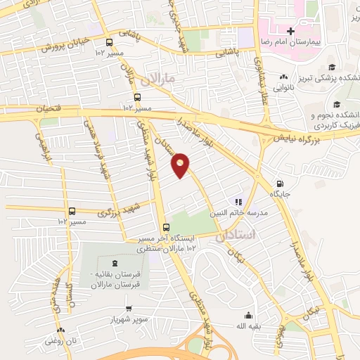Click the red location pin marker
coord(181,165)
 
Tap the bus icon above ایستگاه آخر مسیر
coord(166,226)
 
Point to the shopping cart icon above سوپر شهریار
coord(129,308)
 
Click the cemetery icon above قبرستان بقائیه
coord(115,262)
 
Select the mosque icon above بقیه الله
coord(247,316)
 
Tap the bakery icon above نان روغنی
coord(60,329)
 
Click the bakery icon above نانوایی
coord(283,77)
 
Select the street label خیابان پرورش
coord(67,44)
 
